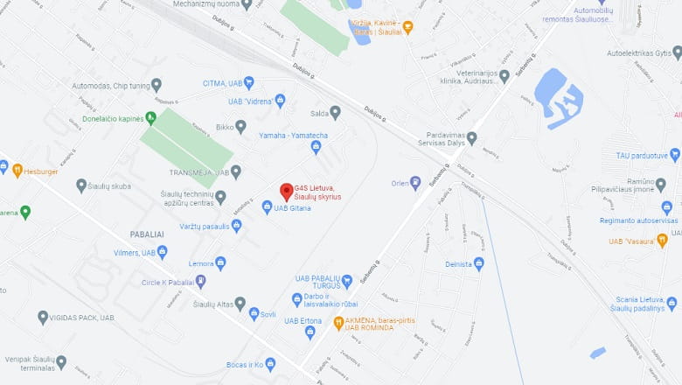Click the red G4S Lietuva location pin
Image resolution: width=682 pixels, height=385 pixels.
[286, 191]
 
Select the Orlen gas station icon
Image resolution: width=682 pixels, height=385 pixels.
[415, 183]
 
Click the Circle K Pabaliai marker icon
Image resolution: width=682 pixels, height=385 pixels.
[201, 282]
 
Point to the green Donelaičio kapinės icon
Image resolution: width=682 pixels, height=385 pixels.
[150, 118]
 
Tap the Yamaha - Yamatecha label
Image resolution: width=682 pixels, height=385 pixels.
[293, 136]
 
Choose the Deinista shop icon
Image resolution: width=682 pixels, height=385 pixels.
[478, 263]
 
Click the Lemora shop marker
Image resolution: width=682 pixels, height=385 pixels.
[220, 262]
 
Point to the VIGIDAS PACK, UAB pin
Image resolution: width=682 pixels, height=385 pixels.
[43, 317]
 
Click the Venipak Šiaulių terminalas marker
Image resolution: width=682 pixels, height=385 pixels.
[61, 360]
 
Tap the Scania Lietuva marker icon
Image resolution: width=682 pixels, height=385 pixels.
[672, 303]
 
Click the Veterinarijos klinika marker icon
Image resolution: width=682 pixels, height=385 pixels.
[504, 76]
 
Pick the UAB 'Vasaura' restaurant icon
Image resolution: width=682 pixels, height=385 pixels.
[662, 240]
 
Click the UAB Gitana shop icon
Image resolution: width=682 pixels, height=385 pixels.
[268, 207]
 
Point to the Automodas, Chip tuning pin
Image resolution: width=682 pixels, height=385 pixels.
[157, 85]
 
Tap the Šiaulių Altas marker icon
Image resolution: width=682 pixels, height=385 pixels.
[240, 304]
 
